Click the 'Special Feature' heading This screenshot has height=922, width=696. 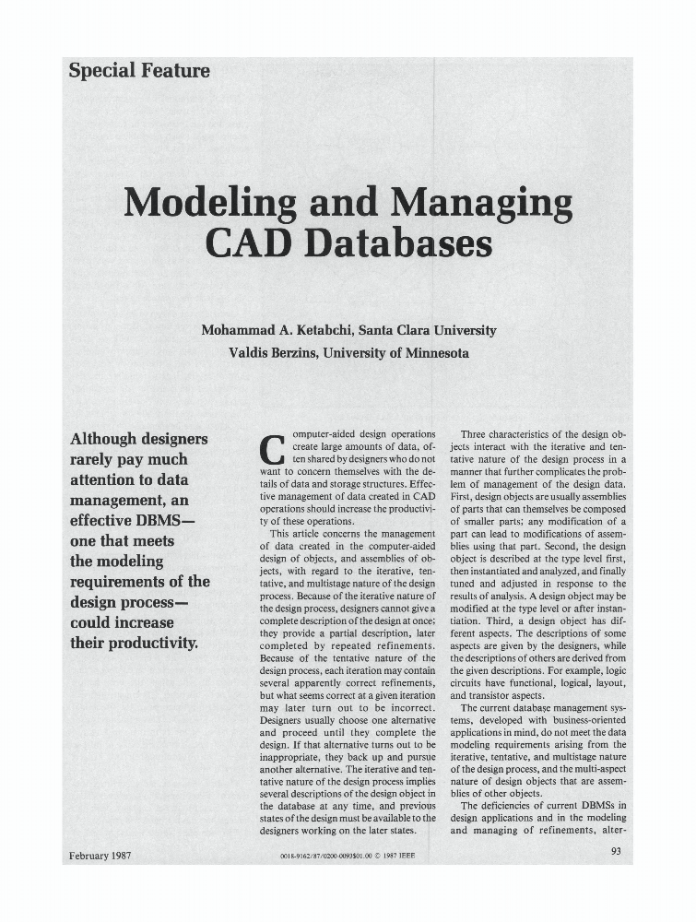tap(139, 70)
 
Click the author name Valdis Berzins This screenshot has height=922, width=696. tap(274, 353)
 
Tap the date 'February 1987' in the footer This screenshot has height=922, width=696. tap(100, 855)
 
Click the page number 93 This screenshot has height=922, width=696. tap(617, 852)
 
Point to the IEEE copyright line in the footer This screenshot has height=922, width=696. tap(347, 857)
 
